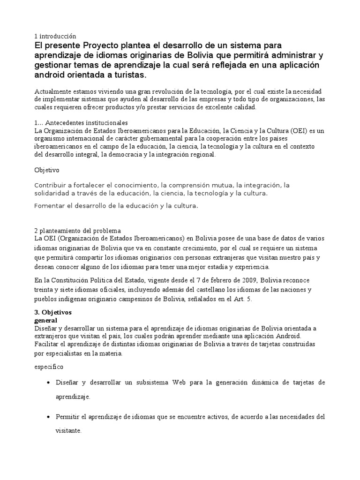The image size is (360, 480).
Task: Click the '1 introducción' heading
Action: [55, 36]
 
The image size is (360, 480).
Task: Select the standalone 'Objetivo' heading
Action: [47, 170]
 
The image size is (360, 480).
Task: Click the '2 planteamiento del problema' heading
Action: [77, 231]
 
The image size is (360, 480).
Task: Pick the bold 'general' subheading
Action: [46, 320]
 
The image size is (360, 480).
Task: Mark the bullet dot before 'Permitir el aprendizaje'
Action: [49, 417]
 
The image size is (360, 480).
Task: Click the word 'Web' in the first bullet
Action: [180, 383]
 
